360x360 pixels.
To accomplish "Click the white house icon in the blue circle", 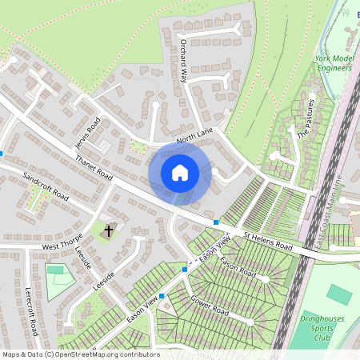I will [x=180, y=173].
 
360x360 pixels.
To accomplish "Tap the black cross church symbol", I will [x=108, y=231].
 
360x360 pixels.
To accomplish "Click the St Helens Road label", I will [x=270, y=241].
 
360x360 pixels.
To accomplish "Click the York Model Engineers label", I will [x=334, y=64].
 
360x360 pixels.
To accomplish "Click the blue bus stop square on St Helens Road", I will [x=216, y=222].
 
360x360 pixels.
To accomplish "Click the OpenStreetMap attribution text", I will [x=80, y=354].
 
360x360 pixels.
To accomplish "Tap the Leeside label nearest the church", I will [x=82, y=257].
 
